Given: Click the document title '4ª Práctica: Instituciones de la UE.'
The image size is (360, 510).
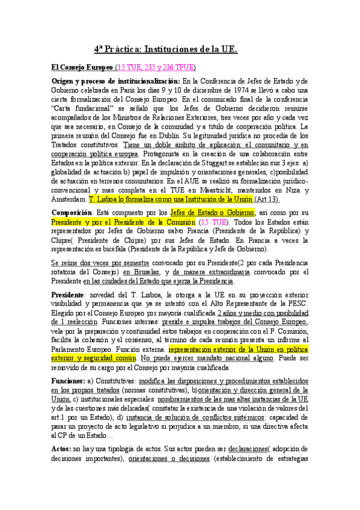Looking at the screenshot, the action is coord(165,50).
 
